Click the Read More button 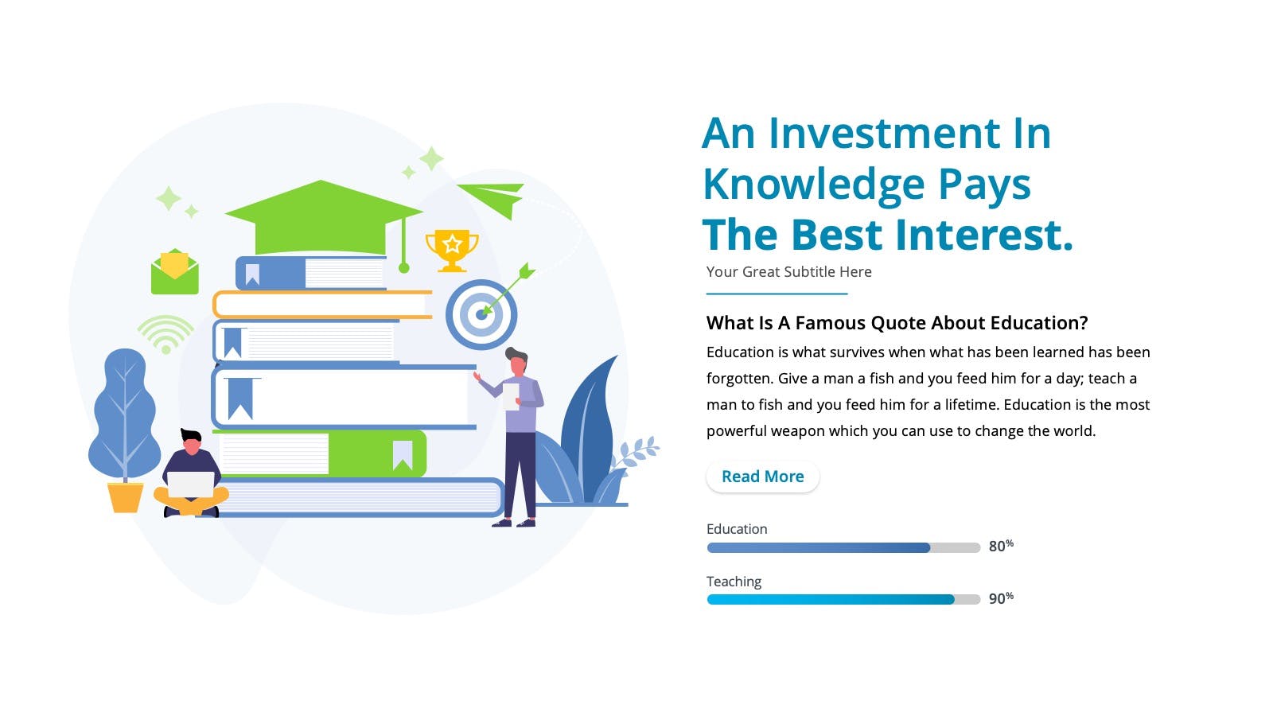pos(763,477)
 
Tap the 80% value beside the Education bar pos(1001,546)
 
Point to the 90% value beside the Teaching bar pos(1001,598)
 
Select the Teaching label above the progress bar pos(734,582)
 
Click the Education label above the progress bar pos(737,529)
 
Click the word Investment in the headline pos(884,134)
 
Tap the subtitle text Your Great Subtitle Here pos(788,271)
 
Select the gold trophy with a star pos(452,251)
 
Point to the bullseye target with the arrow pos(481,314)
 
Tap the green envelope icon pos(174,271)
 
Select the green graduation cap pos(324,219)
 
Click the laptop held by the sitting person pos(190,484)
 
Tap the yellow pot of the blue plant pos(126,498)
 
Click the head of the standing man pos(517,361)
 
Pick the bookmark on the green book pos(403,455)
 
